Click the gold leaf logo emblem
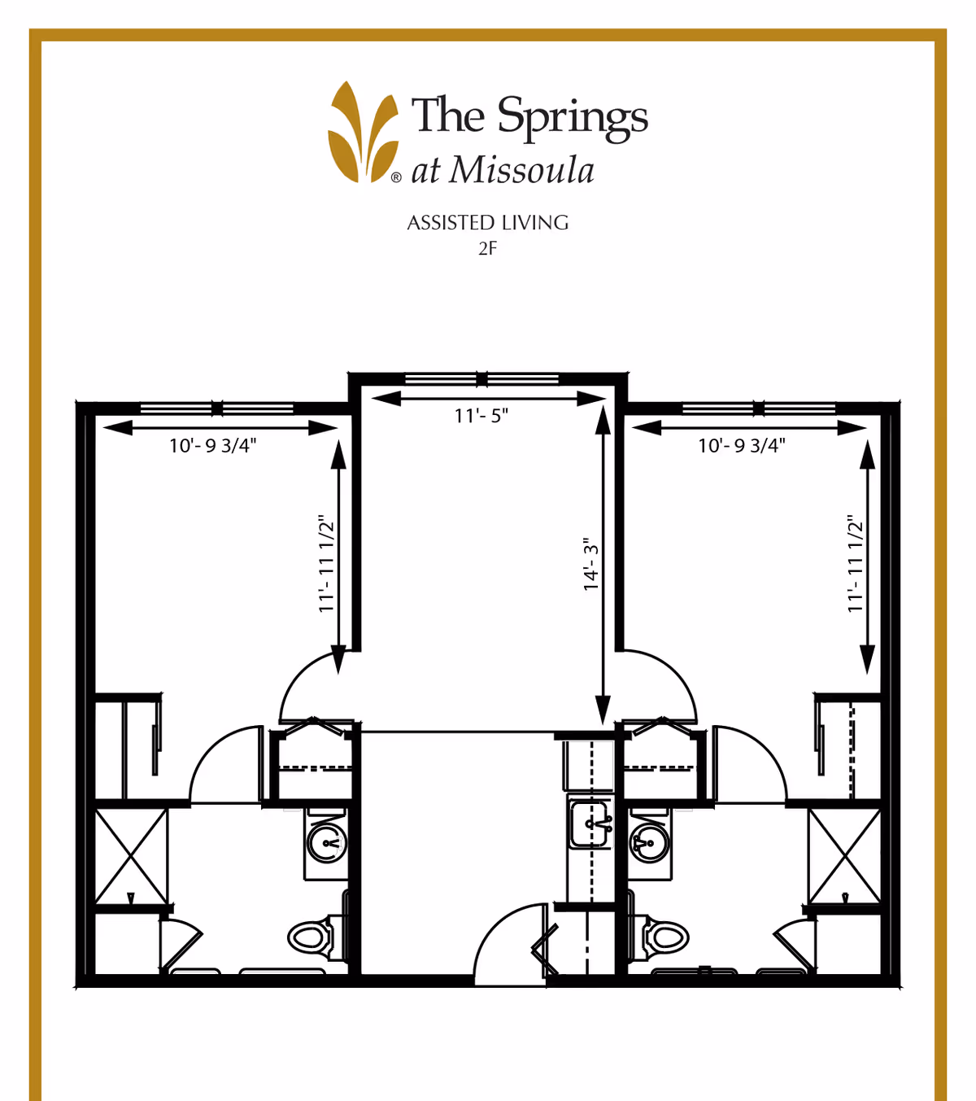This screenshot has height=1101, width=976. pos(364,132)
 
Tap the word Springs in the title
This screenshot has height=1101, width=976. pos(573,117)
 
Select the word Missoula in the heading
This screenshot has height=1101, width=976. pos(522,171)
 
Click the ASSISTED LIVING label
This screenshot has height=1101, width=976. pos(487,223)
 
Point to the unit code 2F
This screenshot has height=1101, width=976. pos(487,249)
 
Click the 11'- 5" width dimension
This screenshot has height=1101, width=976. pos(481,416)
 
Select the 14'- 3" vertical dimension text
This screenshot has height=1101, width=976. pos(591,564)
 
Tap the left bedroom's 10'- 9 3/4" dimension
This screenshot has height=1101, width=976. pos(212,445)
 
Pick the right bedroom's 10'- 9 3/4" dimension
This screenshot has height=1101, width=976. pos(741,445)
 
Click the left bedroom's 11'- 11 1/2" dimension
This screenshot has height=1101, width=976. pos(326,564)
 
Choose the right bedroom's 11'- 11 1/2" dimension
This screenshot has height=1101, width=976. pos(855,564)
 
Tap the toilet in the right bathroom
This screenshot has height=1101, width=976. pos(666,936)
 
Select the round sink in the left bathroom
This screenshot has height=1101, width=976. pos(327,842)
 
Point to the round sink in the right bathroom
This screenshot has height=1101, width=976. pos(650,842)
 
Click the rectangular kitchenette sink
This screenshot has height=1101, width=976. pos(590,824)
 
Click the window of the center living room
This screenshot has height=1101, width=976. pos(481,379)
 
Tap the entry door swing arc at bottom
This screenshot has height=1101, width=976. pos(508,944)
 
